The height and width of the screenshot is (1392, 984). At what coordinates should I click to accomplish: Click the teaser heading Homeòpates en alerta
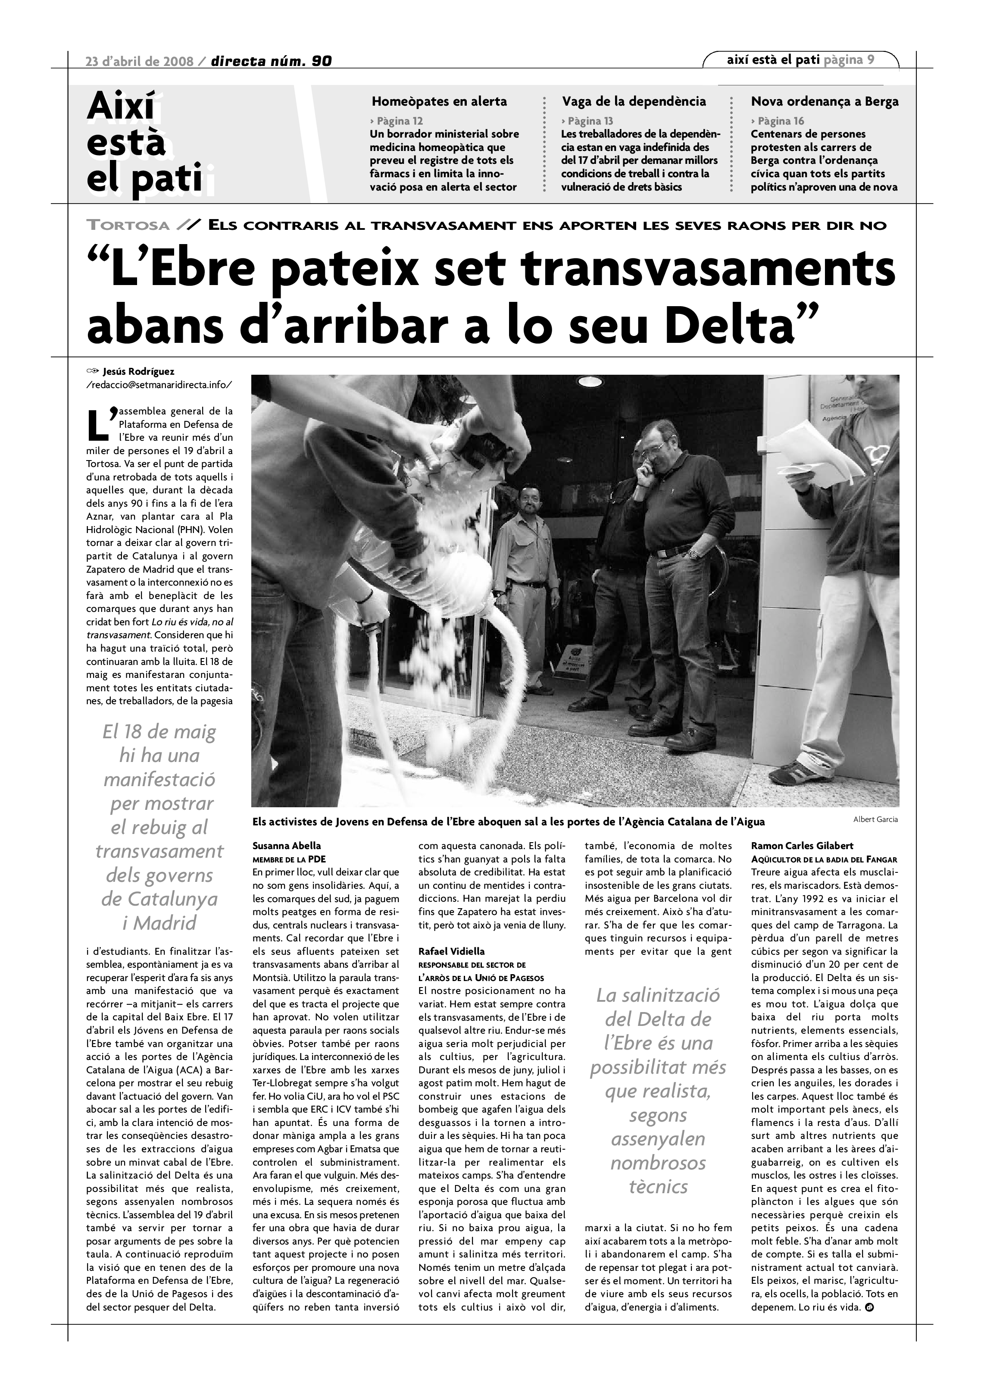(439, 101)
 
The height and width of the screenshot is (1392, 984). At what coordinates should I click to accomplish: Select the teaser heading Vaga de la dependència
(634, 101)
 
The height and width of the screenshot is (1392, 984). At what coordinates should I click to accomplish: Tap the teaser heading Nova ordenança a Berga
(825, 101)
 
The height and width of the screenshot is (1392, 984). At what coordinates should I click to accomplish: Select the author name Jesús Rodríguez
(139, 372)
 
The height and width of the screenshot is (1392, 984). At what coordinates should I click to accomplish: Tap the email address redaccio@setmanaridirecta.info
(159, 384)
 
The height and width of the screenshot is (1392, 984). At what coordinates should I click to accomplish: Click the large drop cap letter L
(98, 426)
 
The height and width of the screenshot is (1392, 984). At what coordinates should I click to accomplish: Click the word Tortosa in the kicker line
(128, 226)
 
